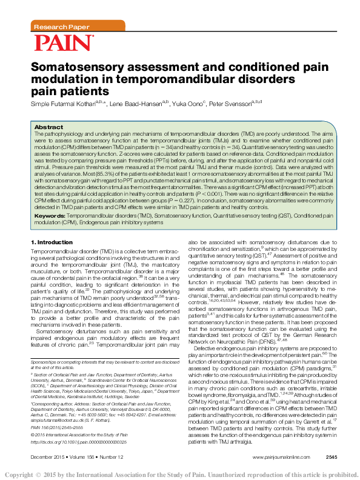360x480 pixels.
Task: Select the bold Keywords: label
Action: (50, 216)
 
